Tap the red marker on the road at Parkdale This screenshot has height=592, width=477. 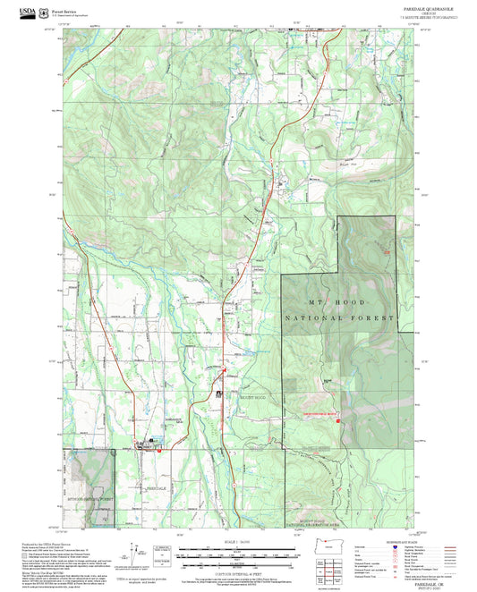[x=158, y=450]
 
